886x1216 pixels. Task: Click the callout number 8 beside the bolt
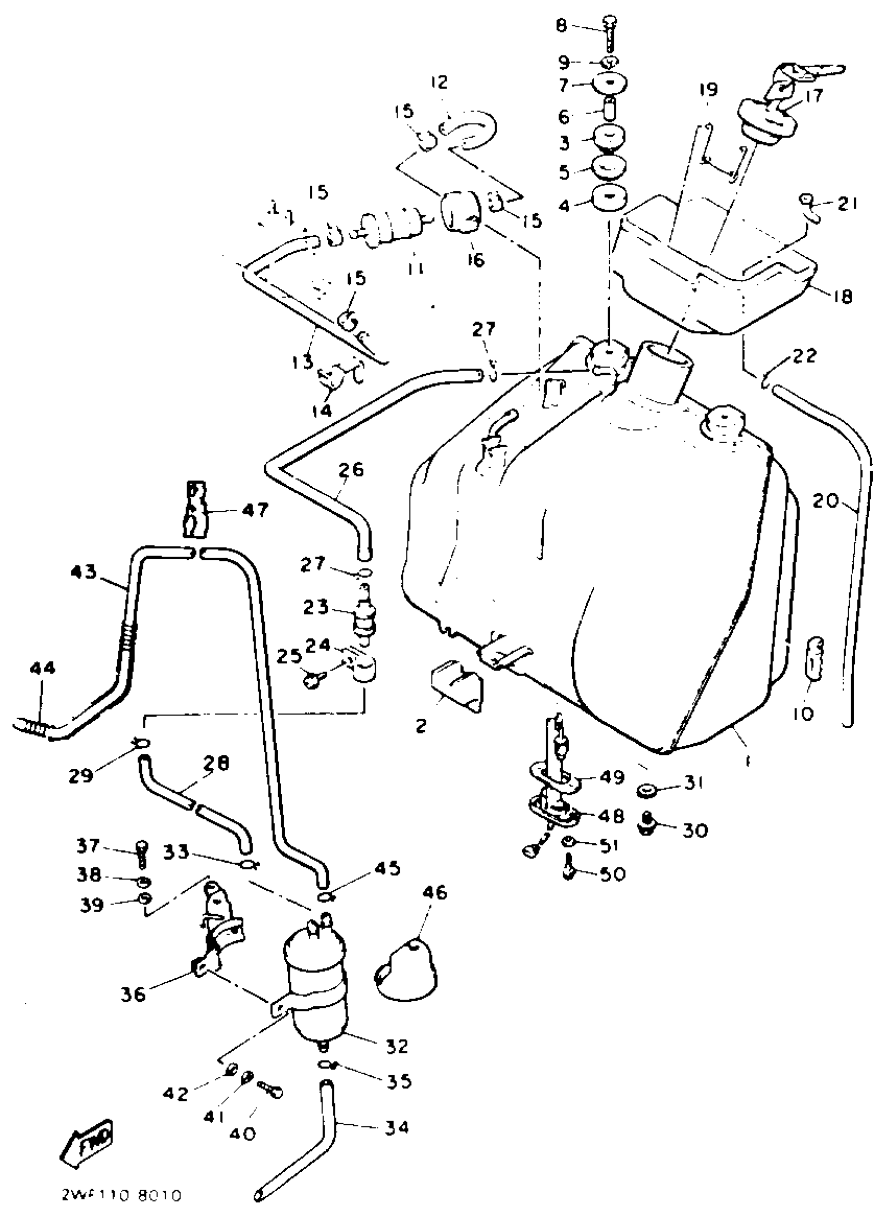[x=561, y=25]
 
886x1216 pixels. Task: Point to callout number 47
[x=255, y=510]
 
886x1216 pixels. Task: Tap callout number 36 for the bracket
[x=132, y=994]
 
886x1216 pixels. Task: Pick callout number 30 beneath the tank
[x=695, y=830]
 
